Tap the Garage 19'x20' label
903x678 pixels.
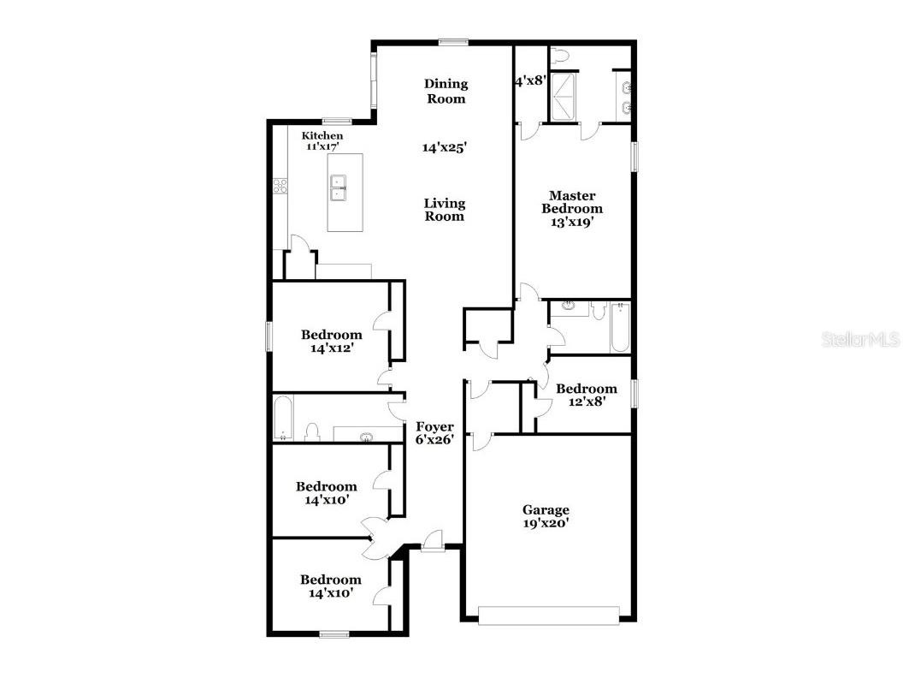click(546, 516)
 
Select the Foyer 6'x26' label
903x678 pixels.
click(434, 432)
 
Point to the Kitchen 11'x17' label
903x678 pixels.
click(322, 141)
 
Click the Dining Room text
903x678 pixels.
click(446, 91)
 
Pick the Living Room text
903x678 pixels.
click(446, 210)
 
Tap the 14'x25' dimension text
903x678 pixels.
click(444, 147)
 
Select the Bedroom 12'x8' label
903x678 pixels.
click(586, 395)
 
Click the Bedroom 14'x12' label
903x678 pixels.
click(331, 341)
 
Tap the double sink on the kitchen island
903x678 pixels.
click(339, 187)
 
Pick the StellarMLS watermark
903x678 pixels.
click(860, 340)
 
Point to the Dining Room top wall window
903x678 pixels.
click(454, 41)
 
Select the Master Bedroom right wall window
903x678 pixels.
click(634, 158)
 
